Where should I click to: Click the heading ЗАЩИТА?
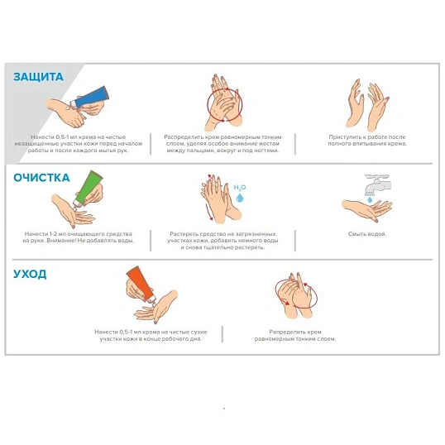pyautogui.click(x=38, y=77)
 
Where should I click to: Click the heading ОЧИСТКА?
pyautogui.click(x=41, y=178)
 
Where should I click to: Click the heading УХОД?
pyautogui.click(x=30, y=274)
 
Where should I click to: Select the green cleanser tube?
pyautogui.click(x=88, y=188)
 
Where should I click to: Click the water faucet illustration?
pyautogui.click(x=378, y=184)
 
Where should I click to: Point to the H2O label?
pyautogui.click(x=240, y=187)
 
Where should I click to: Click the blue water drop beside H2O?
pyautogui.click(x=240, y=198)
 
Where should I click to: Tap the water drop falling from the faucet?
pyautogui.click(x=370, y=200)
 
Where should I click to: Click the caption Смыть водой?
pyautogui.click(x=367, y=234)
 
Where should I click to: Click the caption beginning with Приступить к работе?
pyautogui.click(x=367, y=140)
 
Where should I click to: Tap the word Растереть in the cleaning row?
pyautogui.click(x=183, y=234)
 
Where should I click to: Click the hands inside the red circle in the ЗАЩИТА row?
pyautogui.click(x=225, y=103)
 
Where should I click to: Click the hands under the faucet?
pyautogui.click(x=367, y=210)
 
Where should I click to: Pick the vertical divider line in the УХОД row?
pyautogui.click(x=223, y=334)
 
